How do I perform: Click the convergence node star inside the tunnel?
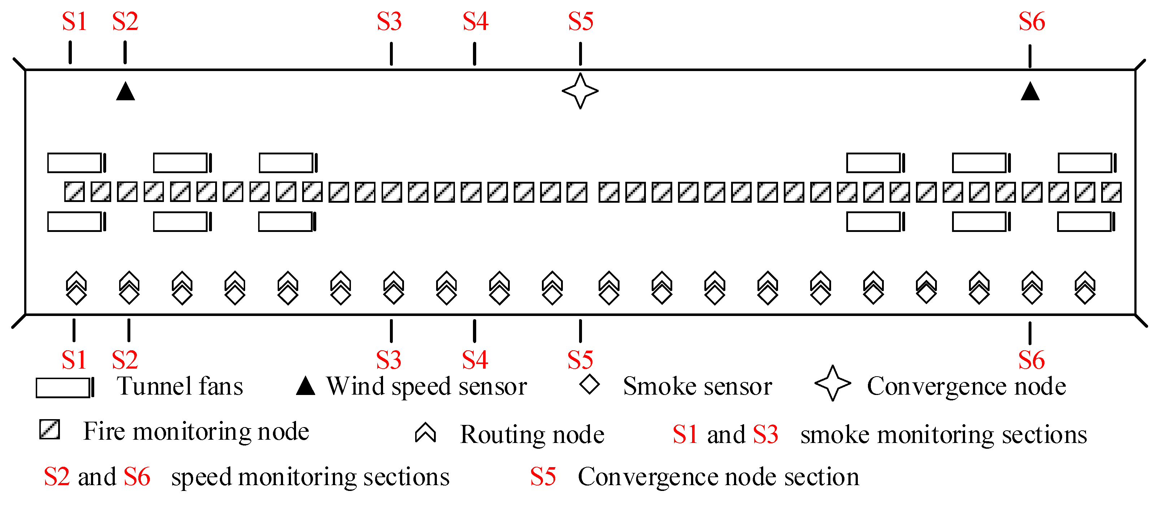[x=580, y=91]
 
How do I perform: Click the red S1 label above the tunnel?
[x=74, y=21]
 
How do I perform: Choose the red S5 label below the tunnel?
[x=580, y=360]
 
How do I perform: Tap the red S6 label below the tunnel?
[x=1031, y=360]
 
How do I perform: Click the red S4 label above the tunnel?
[x=475, y=21]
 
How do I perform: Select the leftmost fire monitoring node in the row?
[x=74, y=192]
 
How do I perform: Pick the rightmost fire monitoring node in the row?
[x=1111, y=192]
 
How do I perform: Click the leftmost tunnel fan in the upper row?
[x=77, y=163]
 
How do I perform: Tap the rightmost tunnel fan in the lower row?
[x=1086, y=222]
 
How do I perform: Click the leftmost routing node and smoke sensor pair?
[x=76, y=288]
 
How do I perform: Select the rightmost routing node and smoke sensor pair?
[x=1085, y=288]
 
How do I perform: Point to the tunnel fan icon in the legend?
[x=65, y=387]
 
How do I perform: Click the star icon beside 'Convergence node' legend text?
[x=833, y=383]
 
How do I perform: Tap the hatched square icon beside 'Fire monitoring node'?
[x=49, y=429]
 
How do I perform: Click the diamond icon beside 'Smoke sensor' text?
[x=590, y=385]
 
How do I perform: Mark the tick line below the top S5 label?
[x=581, y=54]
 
